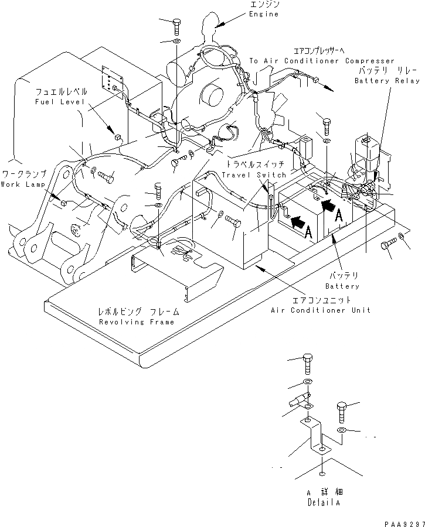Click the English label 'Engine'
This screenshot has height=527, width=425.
(263, 14)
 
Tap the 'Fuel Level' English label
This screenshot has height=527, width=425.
(60, 101)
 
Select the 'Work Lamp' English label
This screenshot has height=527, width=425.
(23, 184)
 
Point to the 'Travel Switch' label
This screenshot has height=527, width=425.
(254, 174)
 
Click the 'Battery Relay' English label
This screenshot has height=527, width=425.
(387, 81)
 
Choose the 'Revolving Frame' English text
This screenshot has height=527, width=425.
(137, 322)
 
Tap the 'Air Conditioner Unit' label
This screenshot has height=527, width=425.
(321, 310)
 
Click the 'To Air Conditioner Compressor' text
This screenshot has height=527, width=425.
(322, 61)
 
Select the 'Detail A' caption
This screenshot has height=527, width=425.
(324, 502)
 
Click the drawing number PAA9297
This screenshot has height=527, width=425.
(405, 523)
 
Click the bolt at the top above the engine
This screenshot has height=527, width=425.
(176, 27)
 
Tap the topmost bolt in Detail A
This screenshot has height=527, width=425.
(308, 364)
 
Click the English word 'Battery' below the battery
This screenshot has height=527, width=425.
(342, 286)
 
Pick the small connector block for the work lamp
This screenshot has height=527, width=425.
(63, 203)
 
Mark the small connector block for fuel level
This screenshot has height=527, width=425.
(117, 136)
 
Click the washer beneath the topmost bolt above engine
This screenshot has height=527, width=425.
(176, 42)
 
